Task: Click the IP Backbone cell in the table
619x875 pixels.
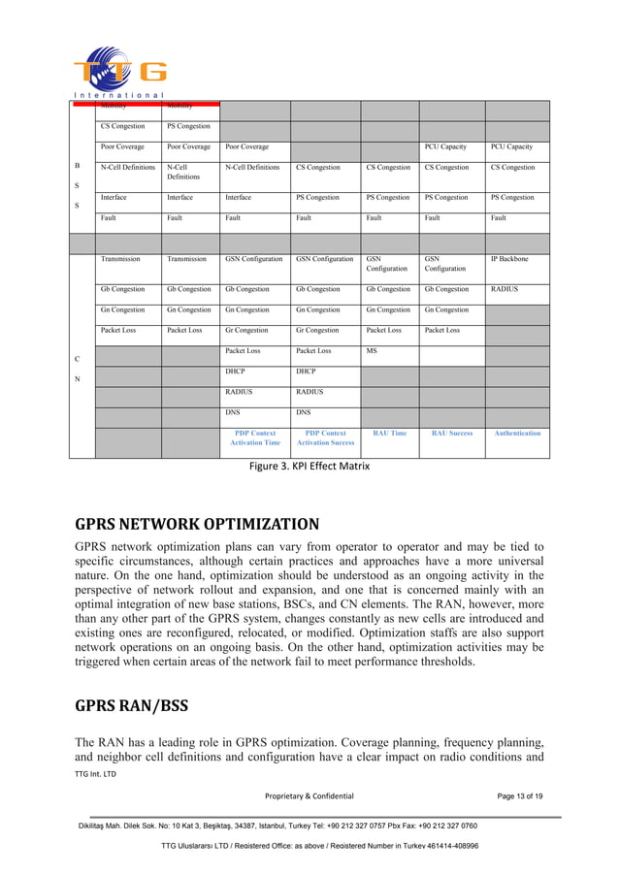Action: (508, 259)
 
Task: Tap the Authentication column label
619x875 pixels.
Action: (517, 433)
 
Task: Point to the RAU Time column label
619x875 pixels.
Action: (389, 433)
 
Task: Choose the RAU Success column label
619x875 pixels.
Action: (451, 433)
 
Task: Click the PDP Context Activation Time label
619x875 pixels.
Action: (255, 437)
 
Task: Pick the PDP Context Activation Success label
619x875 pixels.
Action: (325, 437)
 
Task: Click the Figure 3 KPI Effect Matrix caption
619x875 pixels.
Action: (309, 467)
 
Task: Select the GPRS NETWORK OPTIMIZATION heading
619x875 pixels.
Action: (197, 525)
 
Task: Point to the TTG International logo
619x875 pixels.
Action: (118, 72)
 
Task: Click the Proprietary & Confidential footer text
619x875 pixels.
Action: (309, 796)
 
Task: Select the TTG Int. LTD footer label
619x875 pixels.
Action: (95, 774)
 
